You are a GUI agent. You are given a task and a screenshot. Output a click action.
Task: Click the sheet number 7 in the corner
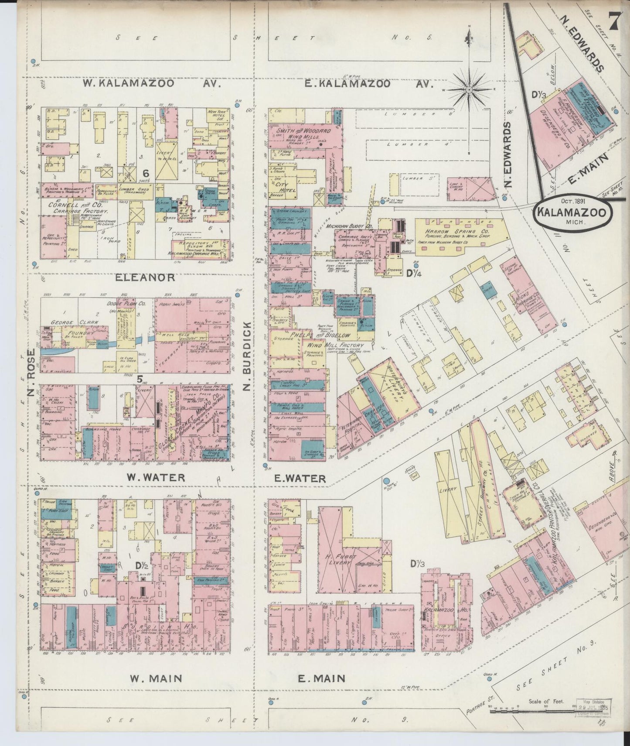coord(615,21)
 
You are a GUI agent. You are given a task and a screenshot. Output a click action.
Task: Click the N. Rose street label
coord(31,373)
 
